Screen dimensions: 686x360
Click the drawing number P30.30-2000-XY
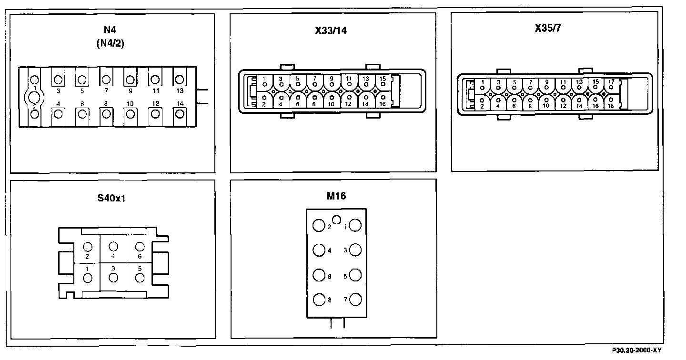click(637, 350)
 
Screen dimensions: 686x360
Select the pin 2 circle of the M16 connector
click(318, 226)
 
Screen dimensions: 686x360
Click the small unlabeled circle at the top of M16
click(337, 220)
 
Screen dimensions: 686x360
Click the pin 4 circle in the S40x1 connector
click(113, 246)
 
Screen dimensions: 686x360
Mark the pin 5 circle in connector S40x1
click(139, 278)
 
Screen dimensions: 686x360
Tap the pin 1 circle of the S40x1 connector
click(87, 279)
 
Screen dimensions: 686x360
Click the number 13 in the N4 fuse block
click(179, 90)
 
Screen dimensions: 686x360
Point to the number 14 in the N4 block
click(179, 103)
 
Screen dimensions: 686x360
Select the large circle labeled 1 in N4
click(34, 98)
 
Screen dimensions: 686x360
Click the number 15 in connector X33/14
click(382, 78)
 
